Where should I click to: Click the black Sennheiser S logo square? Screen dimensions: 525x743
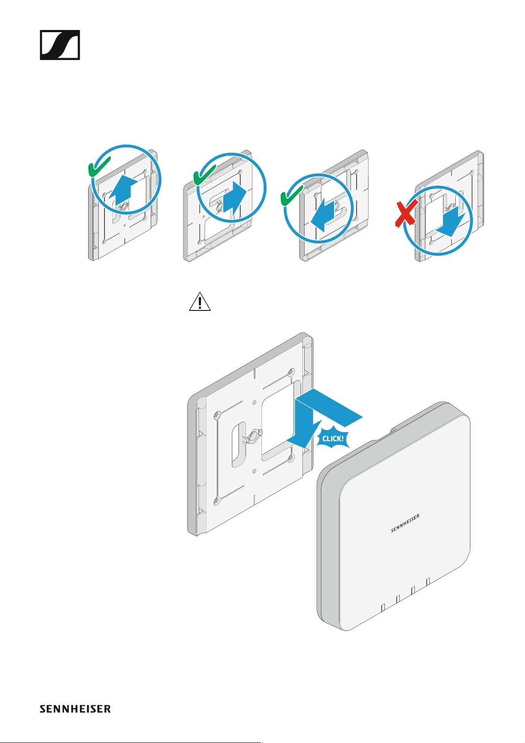tap(60, 45)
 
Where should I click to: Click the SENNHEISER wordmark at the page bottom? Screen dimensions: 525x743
tap(75, 709)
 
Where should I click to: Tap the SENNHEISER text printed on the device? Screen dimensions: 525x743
tap(405, 523)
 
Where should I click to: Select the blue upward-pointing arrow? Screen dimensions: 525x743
tap(123, 192)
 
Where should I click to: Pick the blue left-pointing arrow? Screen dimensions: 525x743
tap(323, 215)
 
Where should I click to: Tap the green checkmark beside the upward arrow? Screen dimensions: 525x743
tap(99, 167)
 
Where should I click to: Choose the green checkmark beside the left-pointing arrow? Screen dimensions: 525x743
tap(291, 195)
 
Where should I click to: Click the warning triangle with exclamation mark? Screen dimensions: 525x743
tap(200, 302)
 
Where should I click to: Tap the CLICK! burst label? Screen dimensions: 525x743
tap(333, 438)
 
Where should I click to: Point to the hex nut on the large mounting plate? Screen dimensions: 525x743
tap(254, 436)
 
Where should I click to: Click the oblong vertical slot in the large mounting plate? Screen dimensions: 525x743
tap(238, 445)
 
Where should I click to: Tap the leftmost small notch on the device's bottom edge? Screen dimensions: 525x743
tap(383, 607)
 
